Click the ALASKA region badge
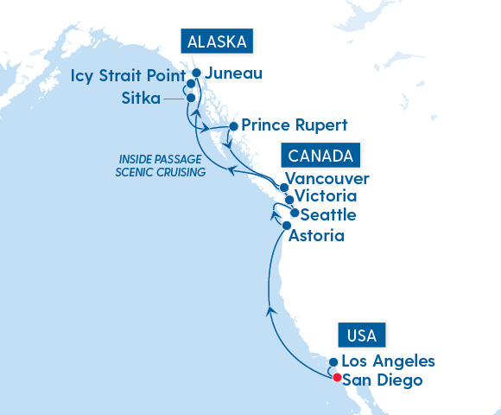[215, 41]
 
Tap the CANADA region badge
[320, 156]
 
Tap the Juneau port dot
[197, 73]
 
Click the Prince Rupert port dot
[233, 125]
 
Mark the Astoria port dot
[287, 225]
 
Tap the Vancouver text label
[332, 179]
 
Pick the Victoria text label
[327, 196]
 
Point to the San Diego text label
[383, 379]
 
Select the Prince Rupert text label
[295, 125]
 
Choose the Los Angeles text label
[388, 361]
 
